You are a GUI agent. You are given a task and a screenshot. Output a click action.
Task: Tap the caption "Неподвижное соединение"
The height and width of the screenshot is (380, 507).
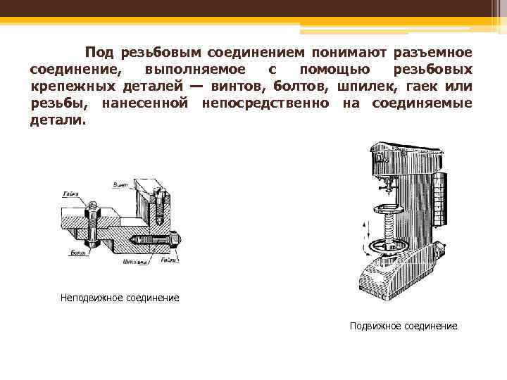[x=120, y=298]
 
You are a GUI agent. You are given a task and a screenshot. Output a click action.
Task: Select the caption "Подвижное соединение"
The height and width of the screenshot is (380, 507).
[x=403, y=326]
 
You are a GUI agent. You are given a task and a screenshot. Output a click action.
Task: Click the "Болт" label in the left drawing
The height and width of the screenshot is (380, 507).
[x=78, y=251]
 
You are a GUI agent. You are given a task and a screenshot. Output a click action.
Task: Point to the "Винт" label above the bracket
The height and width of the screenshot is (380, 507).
[x=120, y=184]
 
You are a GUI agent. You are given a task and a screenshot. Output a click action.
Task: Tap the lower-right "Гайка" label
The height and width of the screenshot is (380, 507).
[x=168, y=260]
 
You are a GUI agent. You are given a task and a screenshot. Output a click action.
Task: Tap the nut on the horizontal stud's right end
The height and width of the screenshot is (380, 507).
[x=175, y=239]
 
